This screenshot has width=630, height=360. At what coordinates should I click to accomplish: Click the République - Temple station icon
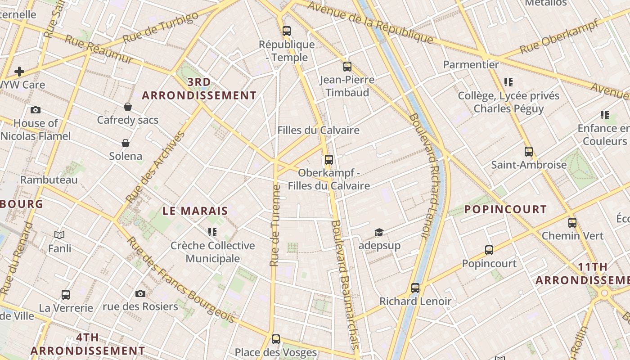(x=287, y=31)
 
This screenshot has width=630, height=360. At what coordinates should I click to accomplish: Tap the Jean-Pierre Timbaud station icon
(x=347, y=67)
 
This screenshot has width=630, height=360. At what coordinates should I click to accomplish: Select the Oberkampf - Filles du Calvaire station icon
(x=329, y=159)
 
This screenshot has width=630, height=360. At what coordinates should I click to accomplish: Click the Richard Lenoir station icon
(x=415, y=288)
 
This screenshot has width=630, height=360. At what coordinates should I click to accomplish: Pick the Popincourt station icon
(x=489, y=250)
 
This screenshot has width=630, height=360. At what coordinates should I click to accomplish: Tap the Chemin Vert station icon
(x=572, y=222)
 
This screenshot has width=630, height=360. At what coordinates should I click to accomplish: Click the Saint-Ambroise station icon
(x=529, y=152)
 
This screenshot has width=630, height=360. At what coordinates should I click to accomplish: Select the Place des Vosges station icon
(x=276, y=339)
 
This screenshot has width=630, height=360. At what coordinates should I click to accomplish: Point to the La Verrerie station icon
(x=66, y=295)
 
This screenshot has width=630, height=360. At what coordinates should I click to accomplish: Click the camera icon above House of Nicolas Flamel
(x=36, y=110)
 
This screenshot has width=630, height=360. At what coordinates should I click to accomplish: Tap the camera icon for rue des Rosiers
(x=140, y=293)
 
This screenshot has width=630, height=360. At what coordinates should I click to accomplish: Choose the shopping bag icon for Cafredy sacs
(x=128, y=107)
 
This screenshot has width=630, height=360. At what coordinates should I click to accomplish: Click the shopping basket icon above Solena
(x=126, y=143)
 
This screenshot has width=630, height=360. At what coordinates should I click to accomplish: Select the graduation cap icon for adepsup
(x=379, y=232)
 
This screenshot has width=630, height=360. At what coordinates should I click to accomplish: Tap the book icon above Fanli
(x=59, y=234)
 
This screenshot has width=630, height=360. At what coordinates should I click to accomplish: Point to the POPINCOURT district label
(x=505, y=209)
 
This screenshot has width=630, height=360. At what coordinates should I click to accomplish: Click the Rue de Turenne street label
(x=275, y=225)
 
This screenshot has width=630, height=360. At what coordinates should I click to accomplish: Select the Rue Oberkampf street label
(x=558, y=36)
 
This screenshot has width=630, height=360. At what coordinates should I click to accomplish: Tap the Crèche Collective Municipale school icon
(x=212, y=232)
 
